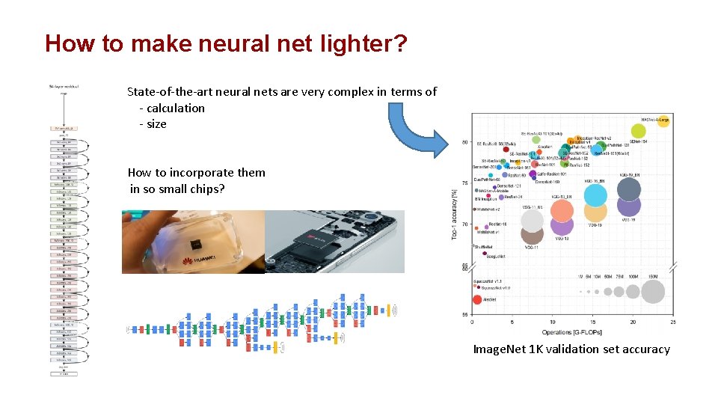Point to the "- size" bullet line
click(153, 124)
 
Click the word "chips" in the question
click(201, 189)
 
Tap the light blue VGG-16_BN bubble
click(595, 195)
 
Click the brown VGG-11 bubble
click(532, 221)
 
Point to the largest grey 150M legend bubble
click(653, 292)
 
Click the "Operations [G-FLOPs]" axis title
click(572, 331)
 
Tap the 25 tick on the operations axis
click(673, 322)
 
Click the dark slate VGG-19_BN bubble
click(629, 190)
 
